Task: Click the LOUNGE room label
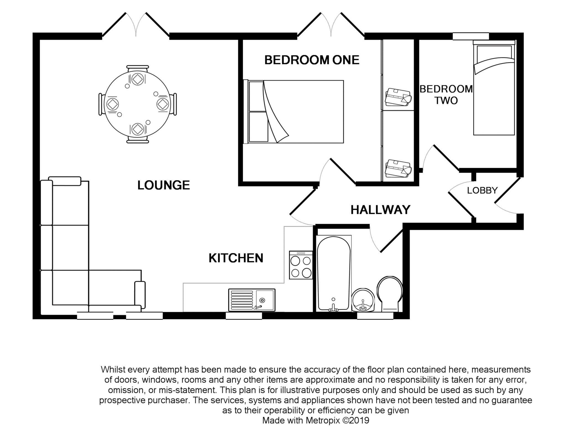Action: pos(164,185)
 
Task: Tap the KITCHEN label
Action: pos(236,258)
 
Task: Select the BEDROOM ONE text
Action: pos(312,60)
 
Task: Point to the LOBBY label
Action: pos(482,190)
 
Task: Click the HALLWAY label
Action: pos(380,210)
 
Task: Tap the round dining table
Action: pos(138,104)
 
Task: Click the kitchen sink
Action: pos(252,300)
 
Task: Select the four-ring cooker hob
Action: pos(301,265)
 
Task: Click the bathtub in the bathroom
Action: pos(334,273)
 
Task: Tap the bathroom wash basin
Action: pos(363,300)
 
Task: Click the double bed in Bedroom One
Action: pos(294,112)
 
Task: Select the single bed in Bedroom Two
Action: pos(494,88)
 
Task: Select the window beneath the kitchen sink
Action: pos(244,316)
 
